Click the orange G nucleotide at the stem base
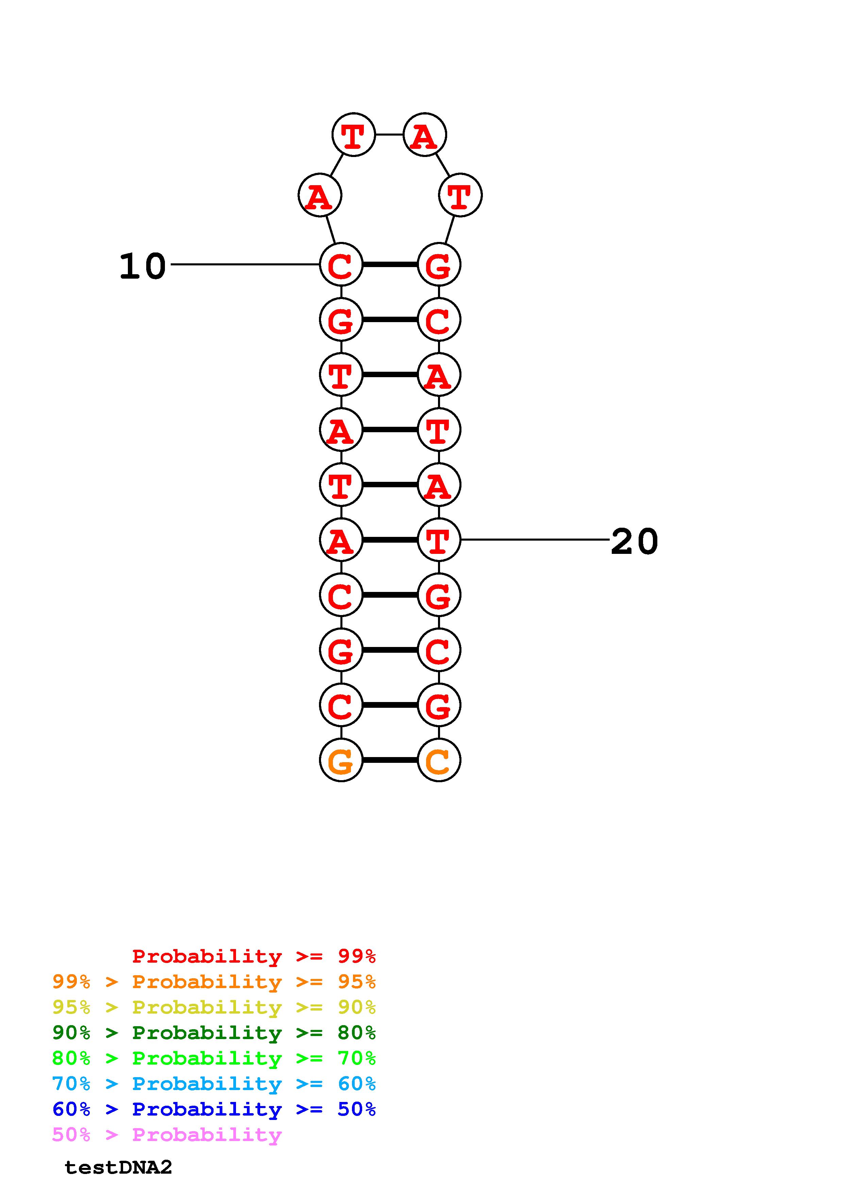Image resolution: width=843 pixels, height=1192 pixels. click(x=341, y=760)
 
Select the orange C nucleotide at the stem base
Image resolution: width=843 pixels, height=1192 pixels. click(x=439, y=760)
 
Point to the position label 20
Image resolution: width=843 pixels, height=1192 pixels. click(x=634, y=542)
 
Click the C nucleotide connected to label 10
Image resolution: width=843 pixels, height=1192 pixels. click(x=341, y=265)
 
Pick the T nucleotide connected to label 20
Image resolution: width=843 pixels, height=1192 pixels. click(x=439, y=540)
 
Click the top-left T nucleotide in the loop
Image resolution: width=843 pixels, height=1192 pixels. click(x=353, y=135)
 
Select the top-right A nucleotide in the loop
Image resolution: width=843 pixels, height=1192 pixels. click(x=425, y=135)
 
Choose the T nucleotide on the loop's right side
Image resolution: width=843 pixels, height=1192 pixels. click(x=460, y=195)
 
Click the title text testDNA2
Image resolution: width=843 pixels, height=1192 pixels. click(x=118, y=1167)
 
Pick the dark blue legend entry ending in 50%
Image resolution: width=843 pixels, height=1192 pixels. click(x=214, y=1109)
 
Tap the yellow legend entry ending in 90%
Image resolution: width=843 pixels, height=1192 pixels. click(x=214, y=1007)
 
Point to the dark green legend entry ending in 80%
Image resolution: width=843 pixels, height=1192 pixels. click(x=214, y=1033)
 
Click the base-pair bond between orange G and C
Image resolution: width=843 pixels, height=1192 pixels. click(x=390, y=760)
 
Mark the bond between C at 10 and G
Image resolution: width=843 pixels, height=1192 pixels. click(x=390, y=265)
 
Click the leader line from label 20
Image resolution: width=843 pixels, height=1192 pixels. click(x=535, y=540)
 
